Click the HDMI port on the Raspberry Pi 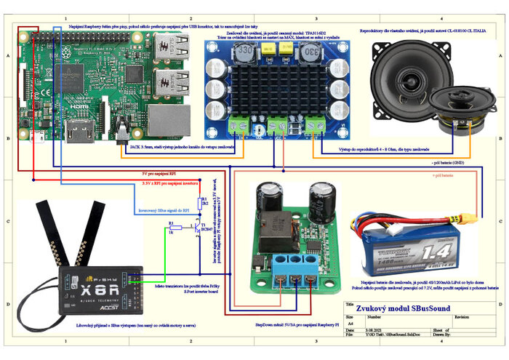pos(78,131)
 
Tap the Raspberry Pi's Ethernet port pos(168,120)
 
